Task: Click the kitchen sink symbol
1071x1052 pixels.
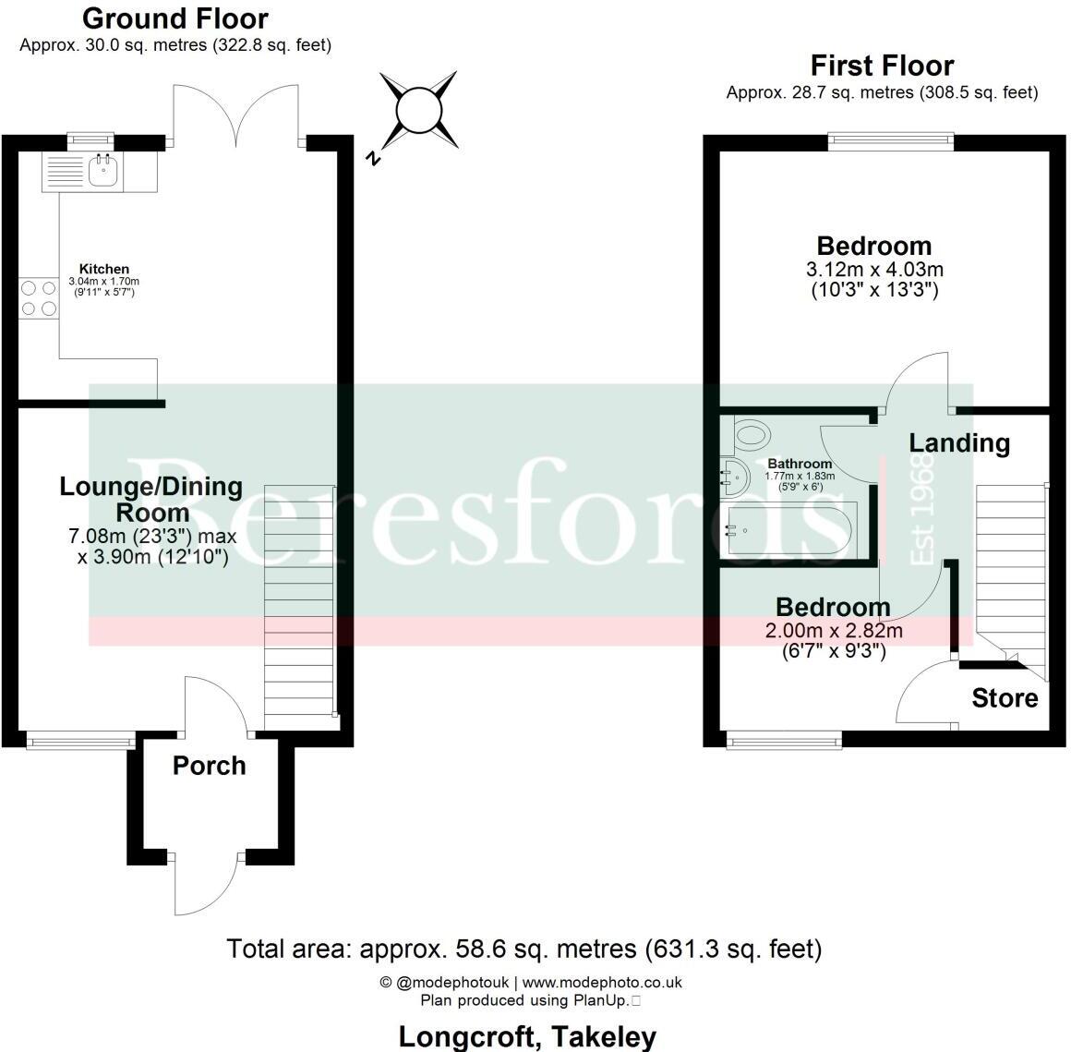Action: [x=104, y=170]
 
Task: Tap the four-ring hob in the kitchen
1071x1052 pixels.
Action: [x=37, y=298]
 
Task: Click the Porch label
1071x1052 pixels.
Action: [x=210, y=766]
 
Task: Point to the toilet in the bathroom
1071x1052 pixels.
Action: [x=752, y=433]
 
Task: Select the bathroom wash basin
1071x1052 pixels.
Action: [x=735, y=473]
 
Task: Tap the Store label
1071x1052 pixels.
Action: [x=1005, y=698]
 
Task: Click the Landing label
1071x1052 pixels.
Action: [x=959, y=443]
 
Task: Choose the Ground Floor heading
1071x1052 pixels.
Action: [x=175, y=18]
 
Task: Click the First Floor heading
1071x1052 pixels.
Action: [x=882, y=66]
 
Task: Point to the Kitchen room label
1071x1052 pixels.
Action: [x=104, y=269]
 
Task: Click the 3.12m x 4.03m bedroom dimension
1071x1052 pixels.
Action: [x=874, y=270]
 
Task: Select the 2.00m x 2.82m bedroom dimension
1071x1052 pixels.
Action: [x=834, y=631]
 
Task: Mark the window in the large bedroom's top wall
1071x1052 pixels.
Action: [x=890, y=140]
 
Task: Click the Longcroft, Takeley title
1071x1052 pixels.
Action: [x=527, y=1036]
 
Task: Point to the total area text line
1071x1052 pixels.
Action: [x=523, y=949]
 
